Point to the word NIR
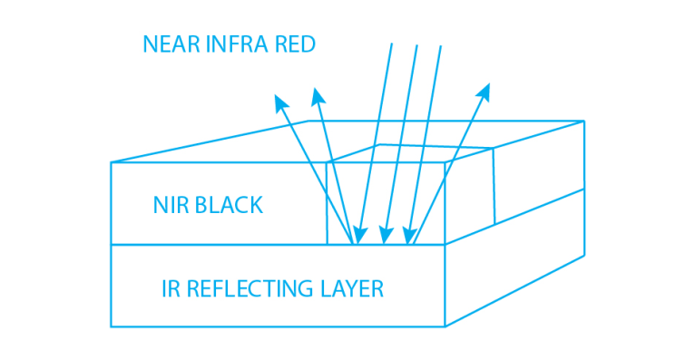coord(170,205)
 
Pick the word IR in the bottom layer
coord(169,289)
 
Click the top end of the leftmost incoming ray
coord(391,44)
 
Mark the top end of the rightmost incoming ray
coord(441,45)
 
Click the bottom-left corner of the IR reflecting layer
coord(111,326)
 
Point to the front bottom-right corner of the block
coord(445,326)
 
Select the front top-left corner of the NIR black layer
coord(111,163)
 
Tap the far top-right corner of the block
coord(583,120)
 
